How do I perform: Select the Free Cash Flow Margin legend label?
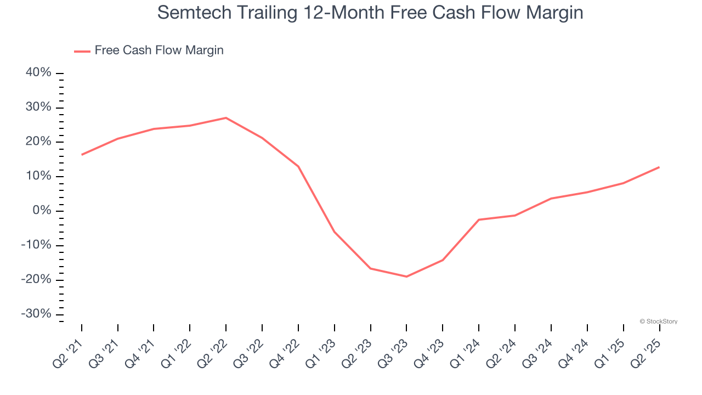coord(159,50)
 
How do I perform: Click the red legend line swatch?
coord(82,52)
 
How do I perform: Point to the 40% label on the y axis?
coord(39,73)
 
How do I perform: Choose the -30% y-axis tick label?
coord(37,314)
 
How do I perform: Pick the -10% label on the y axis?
coord(37,245)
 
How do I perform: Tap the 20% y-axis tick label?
coord(39,142)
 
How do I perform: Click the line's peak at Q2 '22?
coord(226,118)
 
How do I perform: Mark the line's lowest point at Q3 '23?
coord(406,276)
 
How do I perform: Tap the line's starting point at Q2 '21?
coord(82,155)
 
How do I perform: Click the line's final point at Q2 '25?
coord(659,167)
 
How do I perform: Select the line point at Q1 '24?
coord(479,219)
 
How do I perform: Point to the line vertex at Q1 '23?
coord(334,232)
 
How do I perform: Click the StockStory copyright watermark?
coord(659,321)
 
